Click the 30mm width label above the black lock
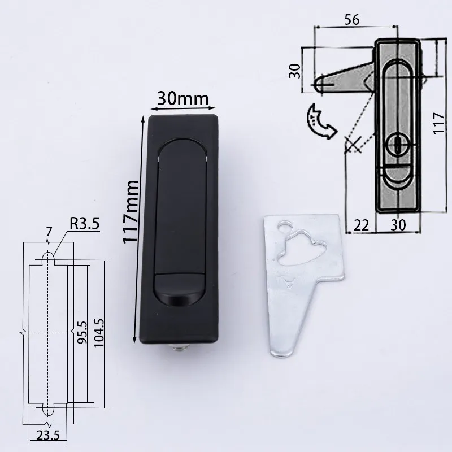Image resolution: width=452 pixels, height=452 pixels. coord(183,98)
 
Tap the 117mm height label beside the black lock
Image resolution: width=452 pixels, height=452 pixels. coord(131,212)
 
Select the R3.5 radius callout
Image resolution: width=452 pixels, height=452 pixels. coord(84,223)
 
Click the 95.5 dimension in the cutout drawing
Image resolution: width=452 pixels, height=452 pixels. coord(82,332)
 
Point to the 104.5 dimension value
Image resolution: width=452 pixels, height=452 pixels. coord(99,333)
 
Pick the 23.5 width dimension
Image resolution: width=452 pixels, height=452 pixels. coord(48,435)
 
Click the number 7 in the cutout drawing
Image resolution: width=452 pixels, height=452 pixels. coord(49,232)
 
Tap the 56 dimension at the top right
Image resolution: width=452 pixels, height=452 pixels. coord(352,20)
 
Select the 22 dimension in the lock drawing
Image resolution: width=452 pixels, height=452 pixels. coord(361,225)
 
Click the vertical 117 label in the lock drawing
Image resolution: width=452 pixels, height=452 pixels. coord(439,123)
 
